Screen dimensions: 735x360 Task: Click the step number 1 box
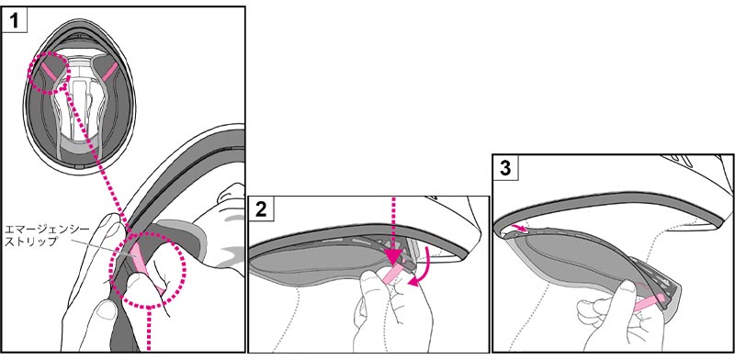click(x=15, y=21)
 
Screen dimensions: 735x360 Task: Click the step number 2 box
click(x=261, y=209)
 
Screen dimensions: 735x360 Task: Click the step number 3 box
click(x=505, y=168)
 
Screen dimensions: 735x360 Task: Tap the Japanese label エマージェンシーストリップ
click(x=30, y=235)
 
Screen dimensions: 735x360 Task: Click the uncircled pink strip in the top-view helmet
click(x=109, y=71)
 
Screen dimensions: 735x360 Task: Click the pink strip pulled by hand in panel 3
click(x=649, y=303)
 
